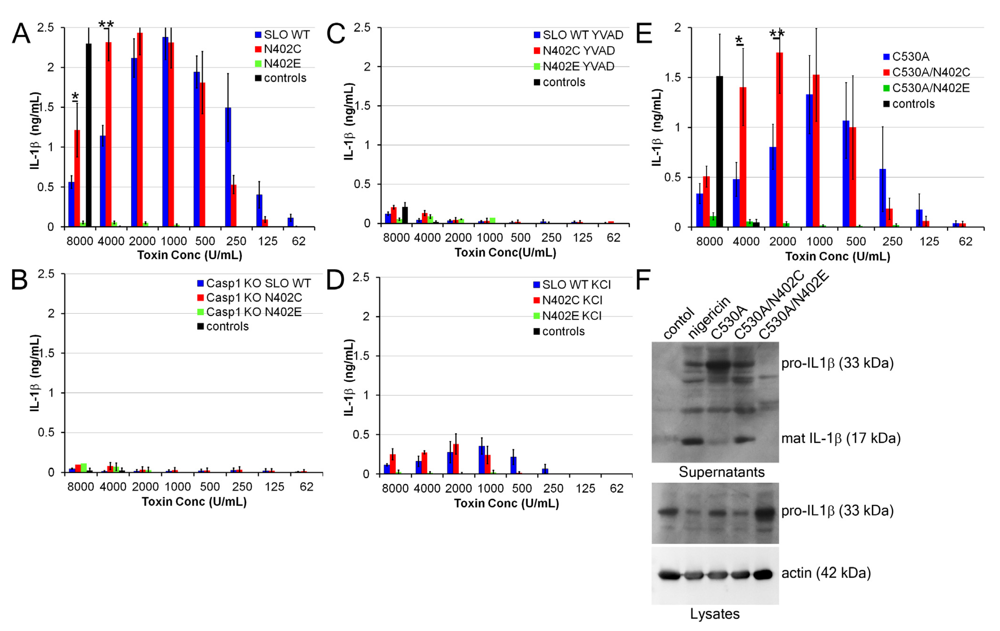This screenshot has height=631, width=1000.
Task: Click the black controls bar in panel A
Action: pos(88,135)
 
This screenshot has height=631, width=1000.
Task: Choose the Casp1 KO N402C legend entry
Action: pos(253,298)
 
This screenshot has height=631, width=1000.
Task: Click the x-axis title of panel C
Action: pos(505,253)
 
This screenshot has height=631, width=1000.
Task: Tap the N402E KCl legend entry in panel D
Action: pos(571,316)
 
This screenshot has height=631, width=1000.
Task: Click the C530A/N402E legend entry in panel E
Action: pos(930,88)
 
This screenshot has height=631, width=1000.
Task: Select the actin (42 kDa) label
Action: pos(826,573)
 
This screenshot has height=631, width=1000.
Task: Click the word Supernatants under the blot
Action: pos(721,472)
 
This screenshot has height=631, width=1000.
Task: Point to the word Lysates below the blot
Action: pos(715,614)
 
